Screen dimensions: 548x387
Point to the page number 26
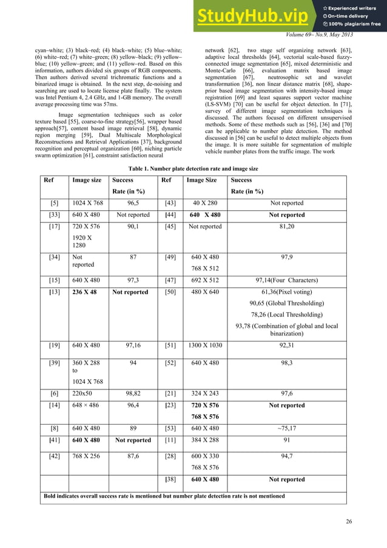point(346,521)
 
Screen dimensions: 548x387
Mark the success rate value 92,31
point(287,345)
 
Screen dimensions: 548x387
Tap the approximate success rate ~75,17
point(287,428)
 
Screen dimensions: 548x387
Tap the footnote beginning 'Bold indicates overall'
point(164,496)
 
